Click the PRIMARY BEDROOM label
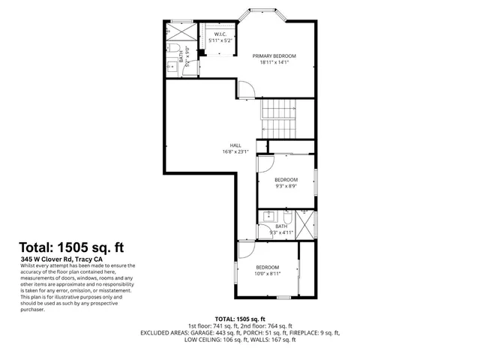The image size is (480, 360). (274, 55)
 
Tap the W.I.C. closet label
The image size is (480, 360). (220, 34)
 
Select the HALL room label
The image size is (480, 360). (235, 145)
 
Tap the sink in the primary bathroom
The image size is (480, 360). (169, 67)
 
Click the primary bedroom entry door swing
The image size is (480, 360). (247, 89)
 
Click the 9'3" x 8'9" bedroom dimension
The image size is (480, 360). (286, 187)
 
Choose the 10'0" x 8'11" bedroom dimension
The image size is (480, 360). (267, 275)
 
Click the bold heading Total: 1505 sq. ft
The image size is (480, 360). (71, 247)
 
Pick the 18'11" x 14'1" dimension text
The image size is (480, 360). (274, 63)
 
